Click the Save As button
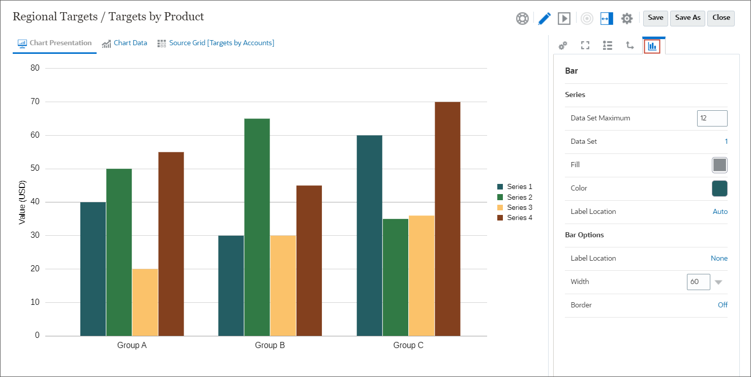point(687,18)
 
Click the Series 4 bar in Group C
point(447,218)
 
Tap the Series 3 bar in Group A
point(145,302)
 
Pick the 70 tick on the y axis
point(36,102)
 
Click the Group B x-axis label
point(269,345)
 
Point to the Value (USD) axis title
point(22,202)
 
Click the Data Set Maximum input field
point(712,118)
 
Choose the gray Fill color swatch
point(719,165)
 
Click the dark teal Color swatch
point(719,188)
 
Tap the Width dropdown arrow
point(718,282)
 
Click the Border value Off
point(723,305)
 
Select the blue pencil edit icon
point(544,18)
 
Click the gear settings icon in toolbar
point(626,18)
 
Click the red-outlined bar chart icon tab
point(652,46)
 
